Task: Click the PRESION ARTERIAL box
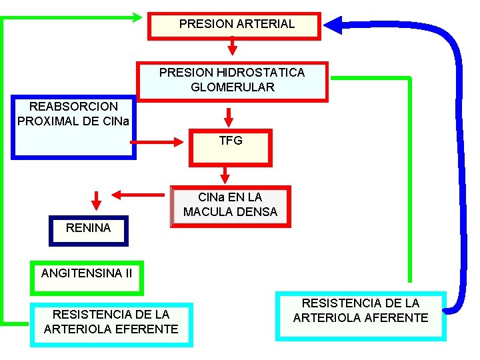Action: coord(235,25)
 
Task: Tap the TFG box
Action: coord(231,147)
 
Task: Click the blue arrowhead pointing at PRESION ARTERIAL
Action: coord(333,26)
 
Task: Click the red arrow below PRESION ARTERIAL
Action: coord(232,47)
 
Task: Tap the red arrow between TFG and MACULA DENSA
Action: coord(225,175)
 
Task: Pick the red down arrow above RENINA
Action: coord(96,200)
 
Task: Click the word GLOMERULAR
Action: coord(232,87)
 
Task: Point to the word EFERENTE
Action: coord(147,329)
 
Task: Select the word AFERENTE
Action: coord(396,318)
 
